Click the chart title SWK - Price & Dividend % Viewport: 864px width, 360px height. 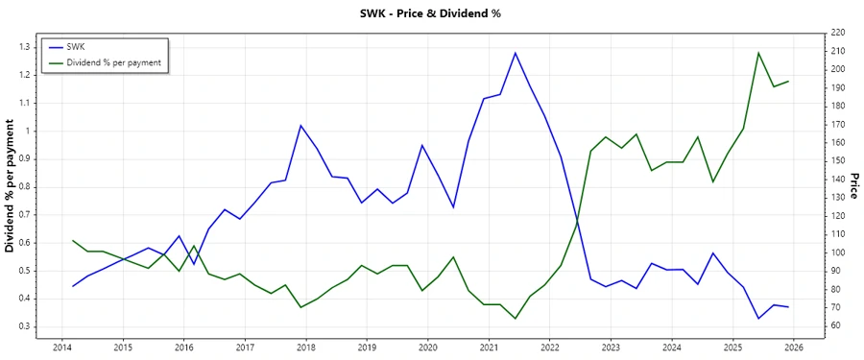click(432, 13)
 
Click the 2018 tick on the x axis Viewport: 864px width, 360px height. click(306, 347)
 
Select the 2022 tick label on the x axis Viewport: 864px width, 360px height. click(550, 347)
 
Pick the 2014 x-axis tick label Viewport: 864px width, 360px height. click(62, 347)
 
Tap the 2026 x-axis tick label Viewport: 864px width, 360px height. click(794, 347)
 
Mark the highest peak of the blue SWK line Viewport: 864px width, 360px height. click(515, 53)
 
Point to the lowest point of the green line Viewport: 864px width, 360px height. click(515, 319)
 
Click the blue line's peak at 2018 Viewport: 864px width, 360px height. click(301, 126)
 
